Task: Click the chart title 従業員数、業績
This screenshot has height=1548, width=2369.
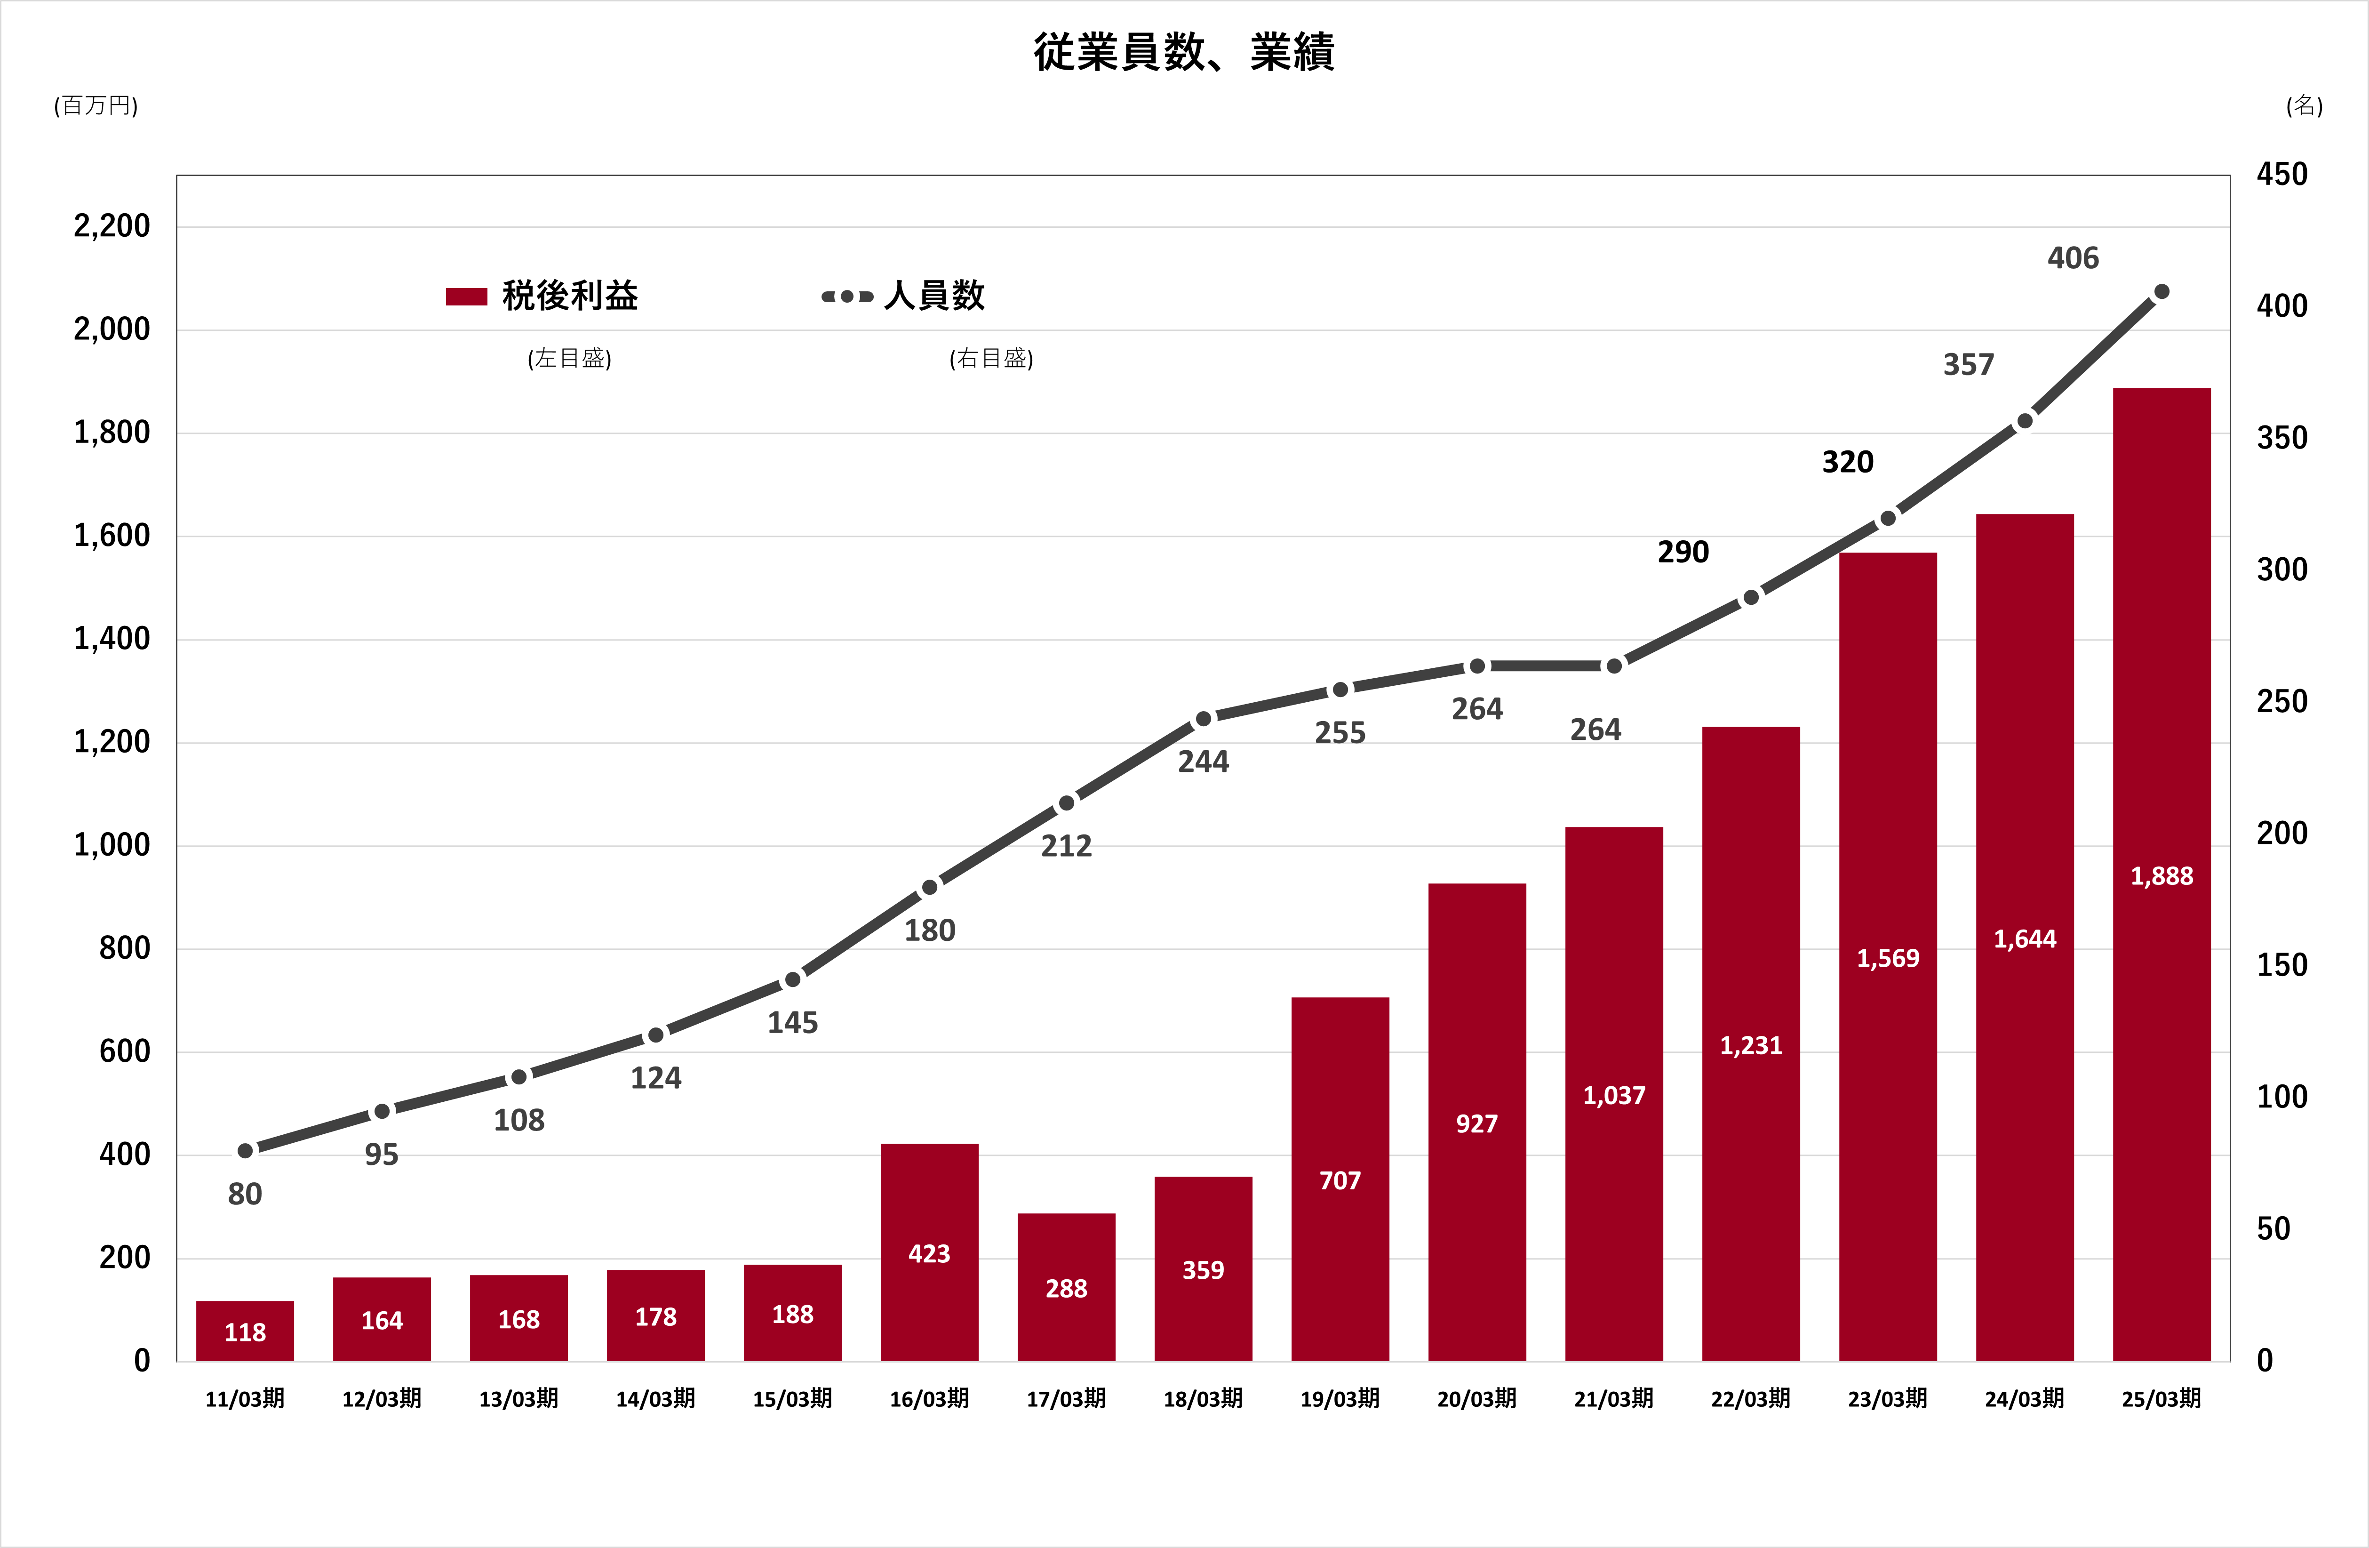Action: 1183,52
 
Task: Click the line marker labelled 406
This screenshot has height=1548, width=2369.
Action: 2161,292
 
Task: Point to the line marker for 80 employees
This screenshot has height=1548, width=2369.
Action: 245,1151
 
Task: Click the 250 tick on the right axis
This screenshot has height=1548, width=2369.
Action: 2281,702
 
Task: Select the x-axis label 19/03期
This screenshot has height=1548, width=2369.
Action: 1340,1399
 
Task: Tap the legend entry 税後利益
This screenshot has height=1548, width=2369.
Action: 569,296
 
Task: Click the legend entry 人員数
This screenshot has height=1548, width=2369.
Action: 933,296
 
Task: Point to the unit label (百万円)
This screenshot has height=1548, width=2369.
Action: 96,105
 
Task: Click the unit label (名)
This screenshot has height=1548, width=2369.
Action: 2303,105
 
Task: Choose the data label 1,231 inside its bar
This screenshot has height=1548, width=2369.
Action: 1751,1045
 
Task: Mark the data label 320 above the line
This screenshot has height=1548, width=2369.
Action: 1847,462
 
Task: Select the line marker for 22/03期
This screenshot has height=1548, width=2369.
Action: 1751,597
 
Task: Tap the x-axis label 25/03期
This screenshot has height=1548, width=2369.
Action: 2161,1399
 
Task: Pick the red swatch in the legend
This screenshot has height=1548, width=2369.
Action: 466,297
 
